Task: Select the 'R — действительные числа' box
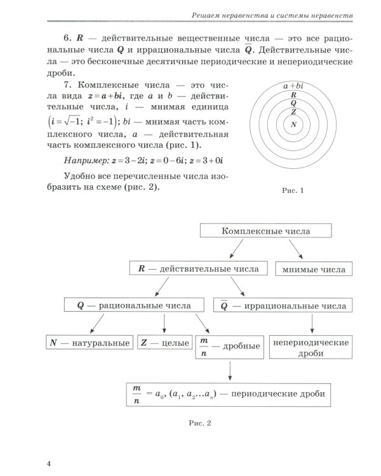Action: click(x=199, y=268)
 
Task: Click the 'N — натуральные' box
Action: click(x=88, y=343)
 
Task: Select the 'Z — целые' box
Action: click(x=164, y=343)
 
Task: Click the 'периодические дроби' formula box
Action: click(x=225, y=393)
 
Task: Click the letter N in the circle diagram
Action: click(x=293, y=124)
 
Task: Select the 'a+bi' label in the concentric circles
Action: click(x=294, y=84)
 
